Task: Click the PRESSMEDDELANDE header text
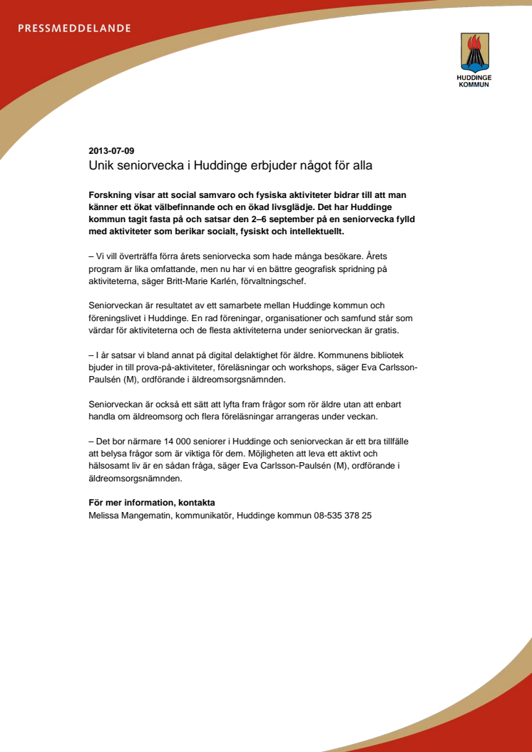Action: [x=74, y=29]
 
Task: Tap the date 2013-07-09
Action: [x=111, y=151]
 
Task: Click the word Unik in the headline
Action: [x=101, y=165]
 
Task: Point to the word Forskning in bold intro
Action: [x=111, y=194]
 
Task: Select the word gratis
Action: [x=384, y=330]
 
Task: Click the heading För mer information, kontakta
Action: [x=151, y=503]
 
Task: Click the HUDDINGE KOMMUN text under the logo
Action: [x=474, y=80]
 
